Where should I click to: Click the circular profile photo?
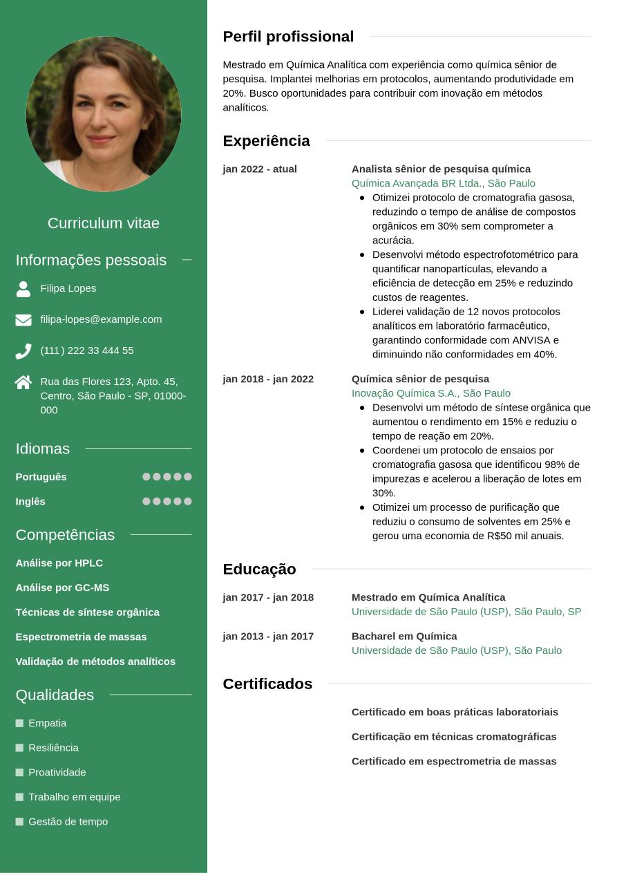104,114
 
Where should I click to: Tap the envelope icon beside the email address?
23,319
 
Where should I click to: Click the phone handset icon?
23,351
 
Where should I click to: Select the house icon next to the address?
23,382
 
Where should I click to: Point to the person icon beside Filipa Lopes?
23,289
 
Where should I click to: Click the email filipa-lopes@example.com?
101,319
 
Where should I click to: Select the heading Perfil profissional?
288,37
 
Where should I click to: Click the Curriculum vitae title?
104,223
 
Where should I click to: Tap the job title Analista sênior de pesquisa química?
441,169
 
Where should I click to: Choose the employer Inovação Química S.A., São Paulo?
430,393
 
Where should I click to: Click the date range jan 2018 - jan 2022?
268,379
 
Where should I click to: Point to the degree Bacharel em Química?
404,636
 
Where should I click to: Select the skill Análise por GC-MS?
62,588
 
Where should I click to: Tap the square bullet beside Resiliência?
19,748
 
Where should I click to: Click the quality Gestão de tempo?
68,822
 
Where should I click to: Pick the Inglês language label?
30,502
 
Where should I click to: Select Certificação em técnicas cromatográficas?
454,737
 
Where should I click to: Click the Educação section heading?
259,570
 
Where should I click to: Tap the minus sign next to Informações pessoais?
187,260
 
